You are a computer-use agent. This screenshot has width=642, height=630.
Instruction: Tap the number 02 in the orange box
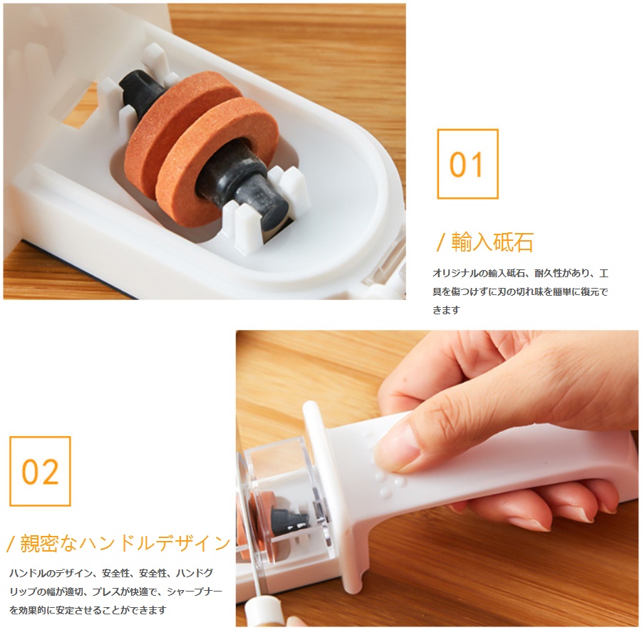[x=40, y=472]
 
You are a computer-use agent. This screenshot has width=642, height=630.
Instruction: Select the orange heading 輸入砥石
[x=492, y=242]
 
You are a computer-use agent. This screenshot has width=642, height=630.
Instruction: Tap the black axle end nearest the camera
[x=262, y=205]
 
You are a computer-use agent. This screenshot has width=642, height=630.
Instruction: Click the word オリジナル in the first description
[x=455, y=273]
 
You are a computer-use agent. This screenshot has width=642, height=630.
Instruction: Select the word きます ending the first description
[x=446, y=310]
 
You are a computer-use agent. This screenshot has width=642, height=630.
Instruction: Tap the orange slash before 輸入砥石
[x=440, y=242]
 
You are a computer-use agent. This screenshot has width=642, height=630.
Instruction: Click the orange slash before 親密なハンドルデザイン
[x=11, y=544]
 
